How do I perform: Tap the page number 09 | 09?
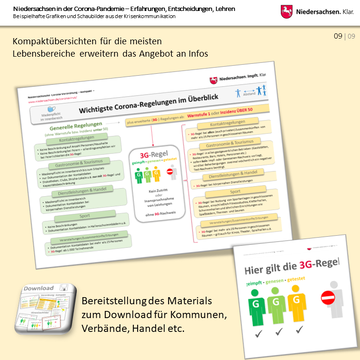click(341, 36)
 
